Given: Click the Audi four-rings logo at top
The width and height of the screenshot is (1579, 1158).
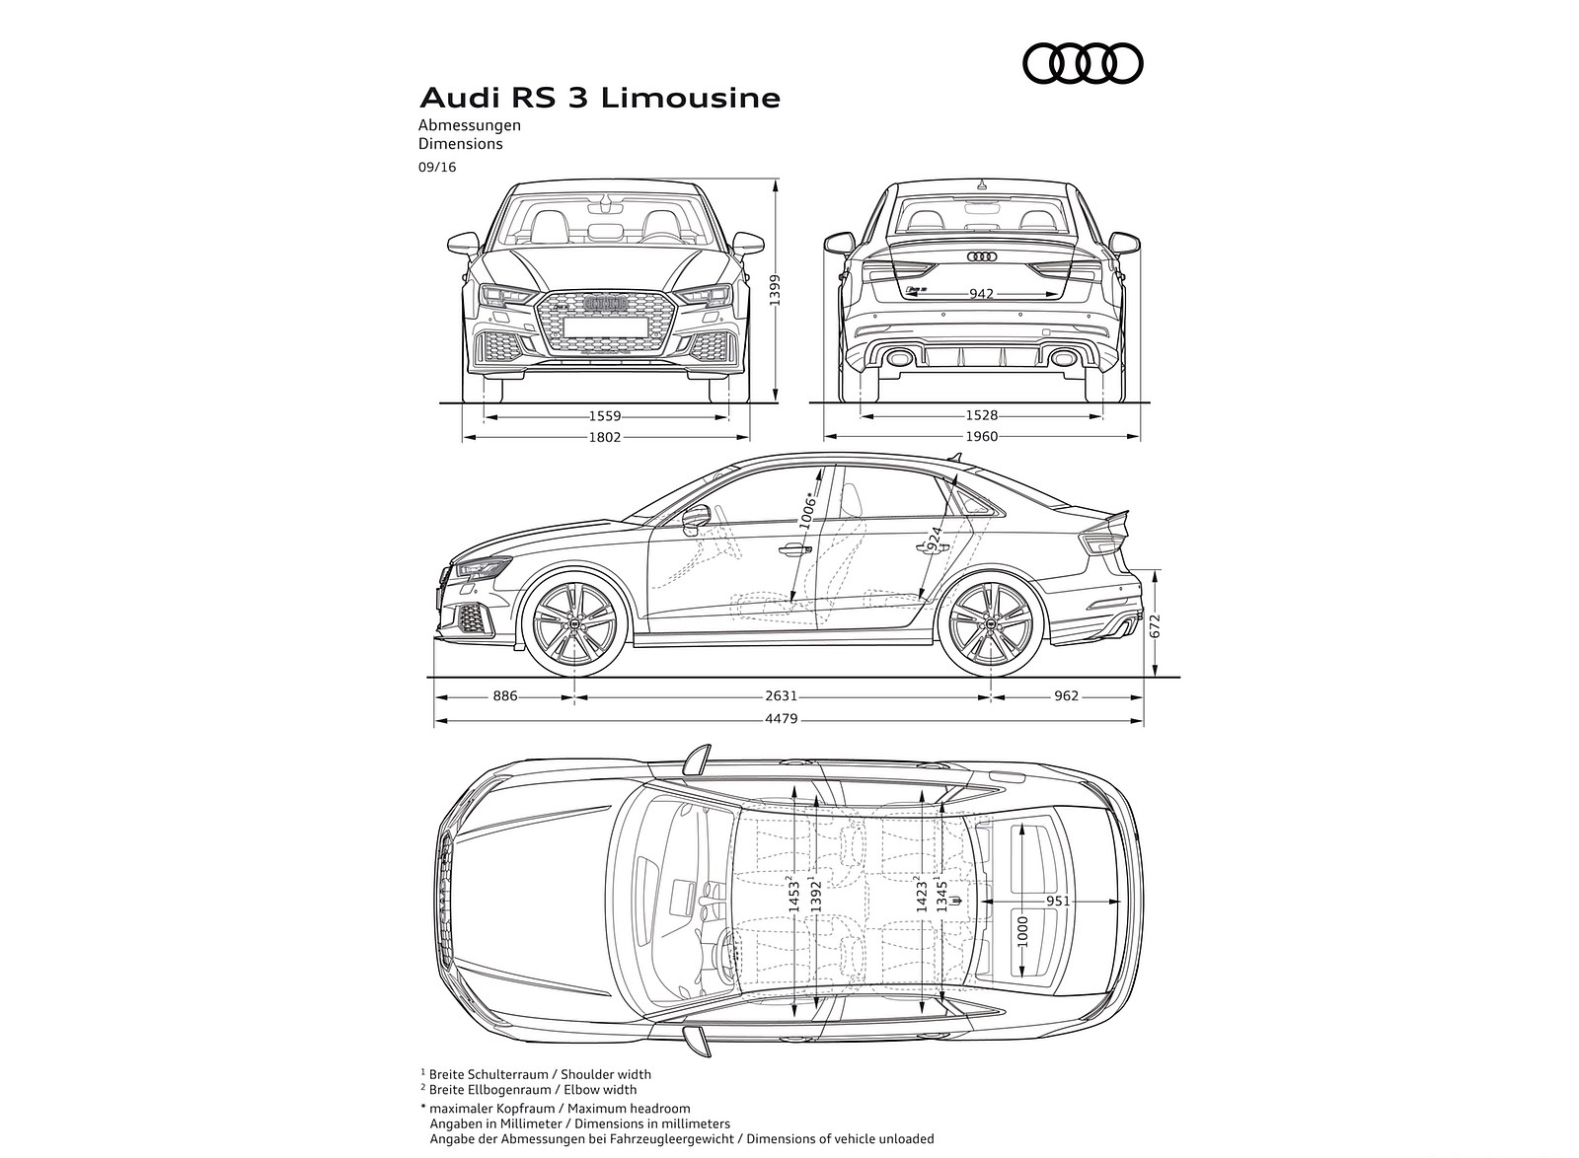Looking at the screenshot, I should click(1083, 64).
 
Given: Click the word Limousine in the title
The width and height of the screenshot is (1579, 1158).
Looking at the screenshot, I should click(691, 99).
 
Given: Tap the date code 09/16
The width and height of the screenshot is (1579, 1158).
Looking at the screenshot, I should click(436, 168).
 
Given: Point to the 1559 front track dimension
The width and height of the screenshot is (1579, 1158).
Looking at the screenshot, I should click(605, 417).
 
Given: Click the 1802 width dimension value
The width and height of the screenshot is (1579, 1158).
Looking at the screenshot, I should click(605, 437).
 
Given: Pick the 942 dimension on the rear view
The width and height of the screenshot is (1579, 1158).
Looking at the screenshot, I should click(981, 293).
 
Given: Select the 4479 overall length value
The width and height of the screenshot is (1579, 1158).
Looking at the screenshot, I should click(781, 719).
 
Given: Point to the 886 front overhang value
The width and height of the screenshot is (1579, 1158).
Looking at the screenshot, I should click(504, 695).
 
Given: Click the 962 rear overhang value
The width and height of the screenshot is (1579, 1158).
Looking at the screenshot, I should click(1066, 695).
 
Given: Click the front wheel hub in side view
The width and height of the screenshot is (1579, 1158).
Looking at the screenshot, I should click(573, 626).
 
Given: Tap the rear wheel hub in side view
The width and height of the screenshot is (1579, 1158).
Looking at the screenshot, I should click(990, 626).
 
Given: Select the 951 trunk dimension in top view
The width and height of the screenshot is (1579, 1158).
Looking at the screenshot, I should click(1057, 901).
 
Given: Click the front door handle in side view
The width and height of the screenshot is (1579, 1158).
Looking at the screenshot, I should click(792, 550).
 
